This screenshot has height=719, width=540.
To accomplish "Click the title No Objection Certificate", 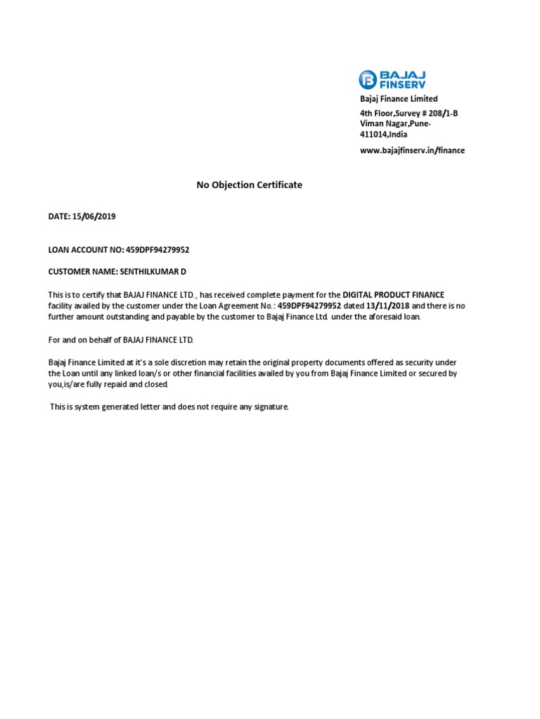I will coord(249,185).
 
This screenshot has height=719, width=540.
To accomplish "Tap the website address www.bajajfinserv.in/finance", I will coord(412,150).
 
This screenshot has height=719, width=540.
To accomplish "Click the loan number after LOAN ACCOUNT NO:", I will coord(157,249).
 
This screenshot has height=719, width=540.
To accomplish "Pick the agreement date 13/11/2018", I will coord(387,306).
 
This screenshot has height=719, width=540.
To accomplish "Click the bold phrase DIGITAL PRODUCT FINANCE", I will coord(393,295).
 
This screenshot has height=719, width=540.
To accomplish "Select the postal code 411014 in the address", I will coord(373,134).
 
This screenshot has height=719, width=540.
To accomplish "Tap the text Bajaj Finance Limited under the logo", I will coord(398,99).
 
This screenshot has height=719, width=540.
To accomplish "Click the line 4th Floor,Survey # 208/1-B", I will coord(409,114).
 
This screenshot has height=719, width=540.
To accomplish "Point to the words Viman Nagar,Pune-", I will coord(394,124).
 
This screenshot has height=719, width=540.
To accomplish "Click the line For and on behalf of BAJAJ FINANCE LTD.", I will coord(120,340).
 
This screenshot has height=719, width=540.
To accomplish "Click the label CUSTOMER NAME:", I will coord(77,271).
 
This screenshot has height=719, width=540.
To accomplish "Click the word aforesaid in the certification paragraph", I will coord(384,317).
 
